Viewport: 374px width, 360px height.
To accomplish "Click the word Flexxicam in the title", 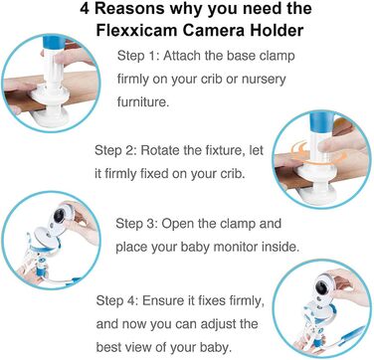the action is [135, 30].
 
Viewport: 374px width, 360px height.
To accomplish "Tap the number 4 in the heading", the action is [85, 9].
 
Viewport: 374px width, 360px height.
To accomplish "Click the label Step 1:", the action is [137, 56].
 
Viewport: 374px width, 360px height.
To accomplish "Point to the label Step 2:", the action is [115, 150].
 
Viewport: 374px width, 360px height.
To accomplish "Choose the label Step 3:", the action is [136, 224].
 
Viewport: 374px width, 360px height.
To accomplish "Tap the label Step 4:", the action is [117, 301].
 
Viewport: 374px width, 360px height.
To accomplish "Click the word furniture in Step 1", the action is [143, 101].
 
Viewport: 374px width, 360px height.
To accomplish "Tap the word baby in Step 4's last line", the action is [216, 348].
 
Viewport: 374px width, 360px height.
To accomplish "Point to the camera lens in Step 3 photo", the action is [59, 216].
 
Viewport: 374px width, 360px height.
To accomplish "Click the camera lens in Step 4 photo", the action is [322, 285].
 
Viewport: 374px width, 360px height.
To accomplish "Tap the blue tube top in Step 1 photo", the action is [54, 42].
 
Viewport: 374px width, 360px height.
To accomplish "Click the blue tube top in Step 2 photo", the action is [321, 121].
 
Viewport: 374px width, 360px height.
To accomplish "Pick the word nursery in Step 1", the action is [264, 80].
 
